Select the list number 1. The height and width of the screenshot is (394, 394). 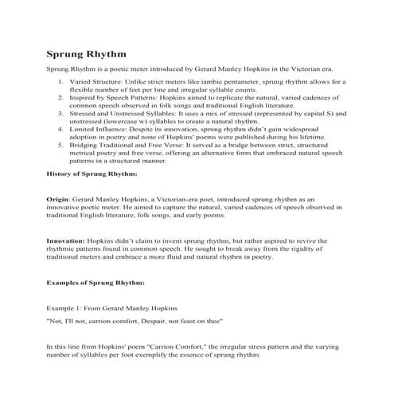pyautogui.click(x=61, y=82)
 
